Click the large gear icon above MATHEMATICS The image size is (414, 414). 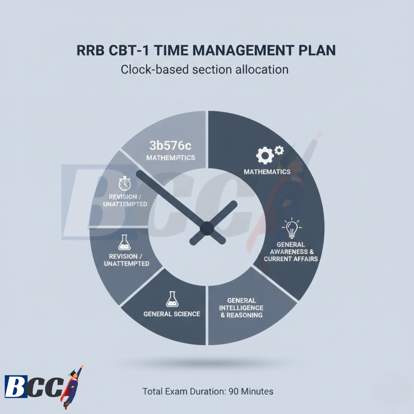click(265, 156)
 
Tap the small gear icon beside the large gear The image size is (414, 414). click(279, 150)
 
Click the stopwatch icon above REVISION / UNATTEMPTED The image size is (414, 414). click(125, 183)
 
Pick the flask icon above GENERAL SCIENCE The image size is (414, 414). click(172, 299)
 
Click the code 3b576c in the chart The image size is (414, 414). click(170, 146)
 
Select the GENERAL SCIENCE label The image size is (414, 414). click(172, 314)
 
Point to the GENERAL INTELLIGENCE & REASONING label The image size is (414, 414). click(241, 308)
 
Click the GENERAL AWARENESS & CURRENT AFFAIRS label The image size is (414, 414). click(291, 252)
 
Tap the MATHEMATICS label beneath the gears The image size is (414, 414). click(267, 172)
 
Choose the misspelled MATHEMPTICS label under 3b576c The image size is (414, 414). click(170, 158)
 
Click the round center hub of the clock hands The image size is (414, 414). click(207, 228)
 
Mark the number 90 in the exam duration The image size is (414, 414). click(234, 392)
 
